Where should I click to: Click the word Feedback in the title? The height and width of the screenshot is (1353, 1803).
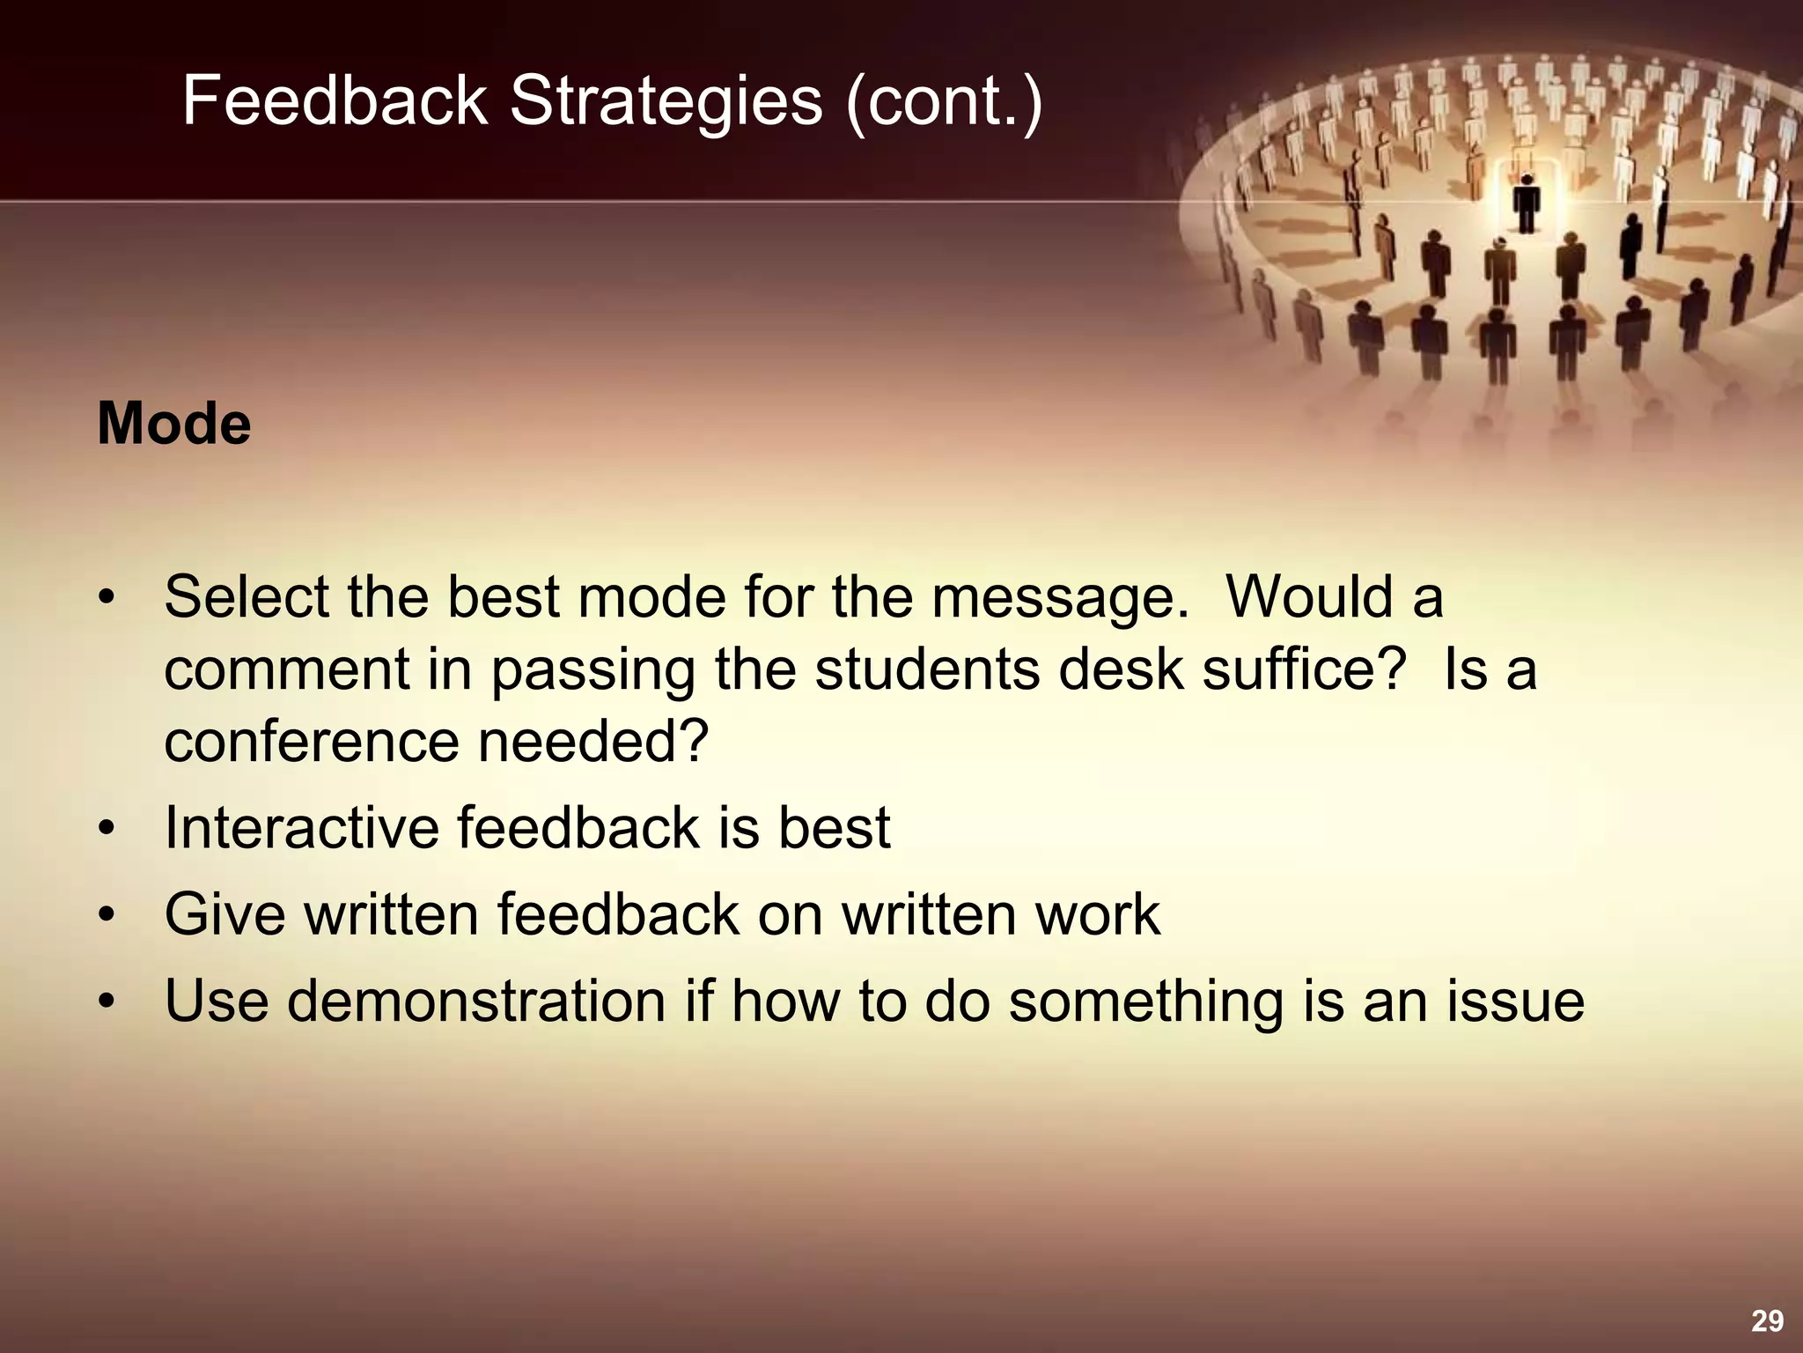tap(335, 100)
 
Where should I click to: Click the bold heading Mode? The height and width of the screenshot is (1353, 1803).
tap(173, 424)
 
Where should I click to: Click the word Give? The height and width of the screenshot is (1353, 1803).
tap(224, 913)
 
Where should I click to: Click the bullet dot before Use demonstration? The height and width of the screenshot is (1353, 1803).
tap(107, 1002)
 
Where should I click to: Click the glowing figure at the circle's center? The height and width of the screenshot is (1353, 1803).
tap(1526, 201)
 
